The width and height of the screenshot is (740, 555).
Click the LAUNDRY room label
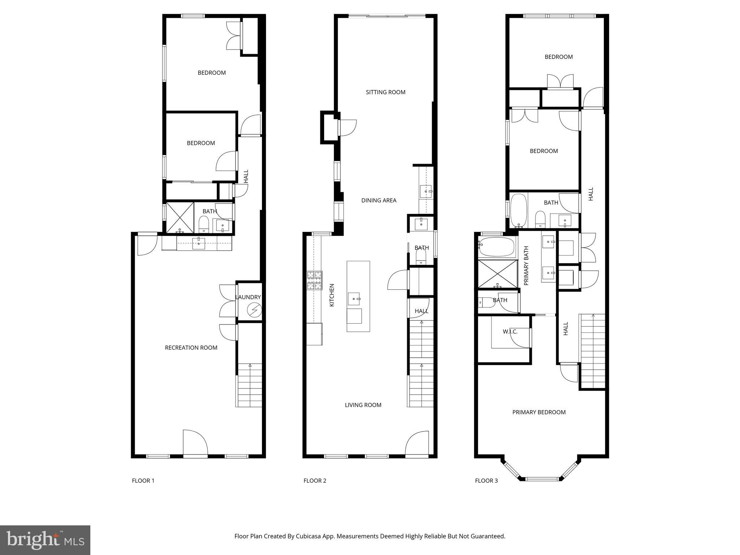pyautogui.click(x=248, y=297)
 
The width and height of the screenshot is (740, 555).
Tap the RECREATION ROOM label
pyautogui.click(x=191, y=348)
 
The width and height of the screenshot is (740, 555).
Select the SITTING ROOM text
pyautogui.click(x=386, y=92)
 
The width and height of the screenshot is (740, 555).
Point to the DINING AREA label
pyautogui.click(x=379, y=200)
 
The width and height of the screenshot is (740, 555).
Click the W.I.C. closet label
pyautogui.click(x=510, y=331)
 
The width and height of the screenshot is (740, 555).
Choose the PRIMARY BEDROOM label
pyautogui.click(x=539, y=412)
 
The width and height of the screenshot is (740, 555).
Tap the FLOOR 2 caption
pyautogui.click(x=315, y=481)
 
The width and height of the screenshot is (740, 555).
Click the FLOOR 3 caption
pyautogui.click(x=486, y=481)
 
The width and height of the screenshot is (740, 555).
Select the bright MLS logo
pyautogui.click(x=45, y=540)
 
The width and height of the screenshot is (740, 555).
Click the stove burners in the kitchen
pyautogui.click(x=314, y=280)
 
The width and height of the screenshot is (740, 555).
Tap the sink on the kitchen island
pyautogui.click(x=354, y=299)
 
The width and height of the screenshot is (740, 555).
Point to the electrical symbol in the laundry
pyautogui.click(x=254, y=310)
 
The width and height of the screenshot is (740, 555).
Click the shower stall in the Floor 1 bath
pyautogui.click(x=180, y=218)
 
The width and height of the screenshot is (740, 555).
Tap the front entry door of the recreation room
pyautogui.click(x=195, y=443)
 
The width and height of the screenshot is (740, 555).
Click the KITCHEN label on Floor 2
pyautogui.click(x=332, y=295)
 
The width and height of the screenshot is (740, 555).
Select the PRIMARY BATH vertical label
pyautogui.click(x=526, y=266)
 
